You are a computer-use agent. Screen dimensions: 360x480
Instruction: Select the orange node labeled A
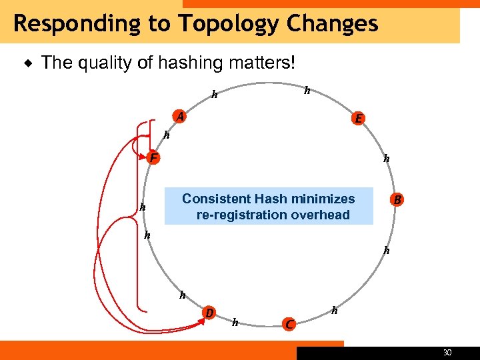(x=179, y=117)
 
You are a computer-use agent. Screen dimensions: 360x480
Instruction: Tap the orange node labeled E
(x=358, y=119)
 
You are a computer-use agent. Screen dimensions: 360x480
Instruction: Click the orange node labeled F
(x=153, y=158)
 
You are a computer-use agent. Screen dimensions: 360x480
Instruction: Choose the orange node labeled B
(x=397, y=199)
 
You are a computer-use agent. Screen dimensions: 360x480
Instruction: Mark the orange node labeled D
(x=209, y=313)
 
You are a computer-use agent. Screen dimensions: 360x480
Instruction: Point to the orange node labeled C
(x=288, y=324)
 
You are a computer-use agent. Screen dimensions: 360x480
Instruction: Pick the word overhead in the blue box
(x=319, y=215)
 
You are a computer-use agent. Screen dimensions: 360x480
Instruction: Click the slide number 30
(x=447, y=353)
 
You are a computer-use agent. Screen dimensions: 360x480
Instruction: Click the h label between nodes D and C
(x=235, y=323)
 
